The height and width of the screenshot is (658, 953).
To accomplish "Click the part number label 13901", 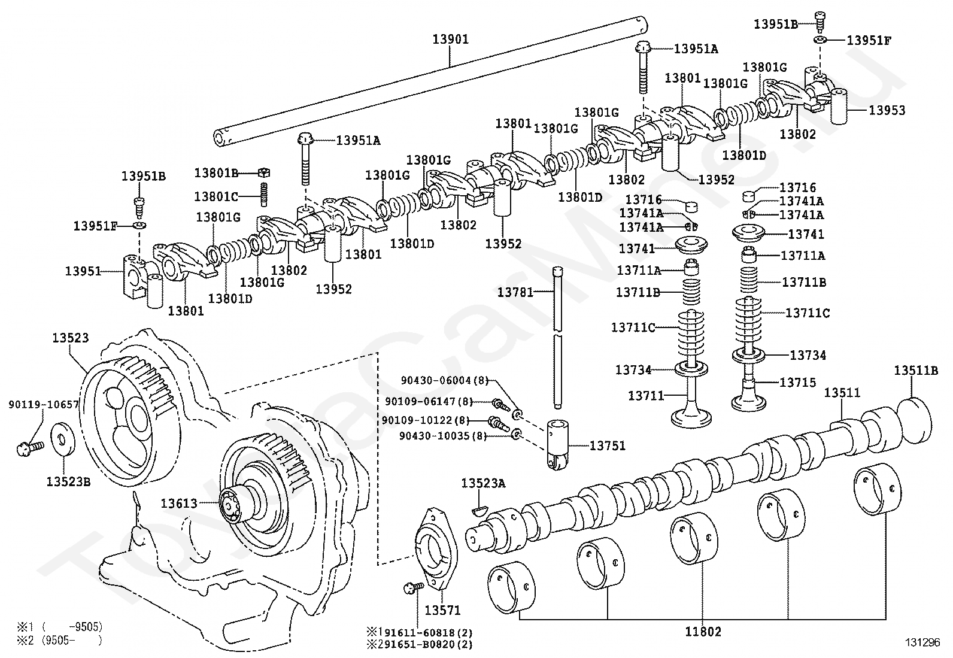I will coord(450,40).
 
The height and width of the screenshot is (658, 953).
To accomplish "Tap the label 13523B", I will coord(68,481).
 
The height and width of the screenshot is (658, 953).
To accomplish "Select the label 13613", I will coord(178,504).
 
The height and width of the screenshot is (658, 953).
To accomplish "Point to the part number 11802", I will coord(703,631).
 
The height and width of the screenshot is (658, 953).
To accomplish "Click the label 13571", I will coord(442,610).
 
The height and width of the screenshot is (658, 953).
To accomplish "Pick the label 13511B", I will coord(916,370).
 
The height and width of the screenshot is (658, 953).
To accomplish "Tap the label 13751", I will coord(607,445).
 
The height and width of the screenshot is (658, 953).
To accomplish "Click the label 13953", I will coord(887,110).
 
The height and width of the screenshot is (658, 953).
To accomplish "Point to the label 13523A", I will coord(482,483).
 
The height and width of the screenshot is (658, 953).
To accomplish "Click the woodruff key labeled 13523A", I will coord(481,509).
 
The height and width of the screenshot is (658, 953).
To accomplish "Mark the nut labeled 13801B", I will coord(264,172).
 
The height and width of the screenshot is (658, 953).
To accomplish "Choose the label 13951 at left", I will coord(83,271).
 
